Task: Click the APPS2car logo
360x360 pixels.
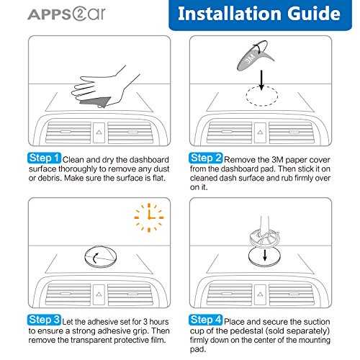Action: click(x=66, y=14)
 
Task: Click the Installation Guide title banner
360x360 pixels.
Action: click(x=260, y=15)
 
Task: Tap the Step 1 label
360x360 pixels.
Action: click(x=44, y=158)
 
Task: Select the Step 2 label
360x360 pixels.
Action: click(x=206, y=158)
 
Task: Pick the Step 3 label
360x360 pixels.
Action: click(x=44, y=320)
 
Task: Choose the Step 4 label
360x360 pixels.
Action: click(x=206, y=320)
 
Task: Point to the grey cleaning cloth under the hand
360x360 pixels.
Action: click(x=96, y=102)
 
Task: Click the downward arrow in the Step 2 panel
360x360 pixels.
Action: click(x=261, y=81)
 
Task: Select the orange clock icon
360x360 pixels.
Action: click(x=149, y=217)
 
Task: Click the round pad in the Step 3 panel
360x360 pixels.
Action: click(x=101, y=257)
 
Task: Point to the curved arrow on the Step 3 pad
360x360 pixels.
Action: click(x=94, y=258)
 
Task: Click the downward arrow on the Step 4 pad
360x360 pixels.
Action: click(x=265, y=256)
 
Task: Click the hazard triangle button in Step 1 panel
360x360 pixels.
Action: click(x=99, y=132)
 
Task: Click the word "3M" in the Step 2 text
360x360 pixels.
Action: click(x=278, y=160)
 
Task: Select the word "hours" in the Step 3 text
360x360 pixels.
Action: click(x=159, y=322)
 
